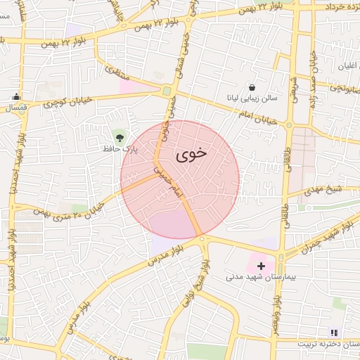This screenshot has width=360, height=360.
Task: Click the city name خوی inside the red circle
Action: (189, 153)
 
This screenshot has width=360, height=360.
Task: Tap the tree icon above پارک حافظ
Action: (119, 136)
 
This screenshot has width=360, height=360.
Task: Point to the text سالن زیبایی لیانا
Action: (252, 98)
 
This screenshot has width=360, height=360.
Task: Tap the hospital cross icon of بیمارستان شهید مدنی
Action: (262, 265)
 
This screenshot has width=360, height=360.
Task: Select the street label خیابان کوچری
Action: (68, 103)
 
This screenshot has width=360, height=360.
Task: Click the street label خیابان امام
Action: (266, 117)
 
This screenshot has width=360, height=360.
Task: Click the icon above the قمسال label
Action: (17, 97)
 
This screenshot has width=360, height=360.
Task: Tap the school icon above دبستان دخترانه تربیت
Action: (334, 332)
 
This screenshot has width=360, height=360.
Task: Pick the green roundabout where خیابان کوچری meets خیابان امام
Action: (167, 90)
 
